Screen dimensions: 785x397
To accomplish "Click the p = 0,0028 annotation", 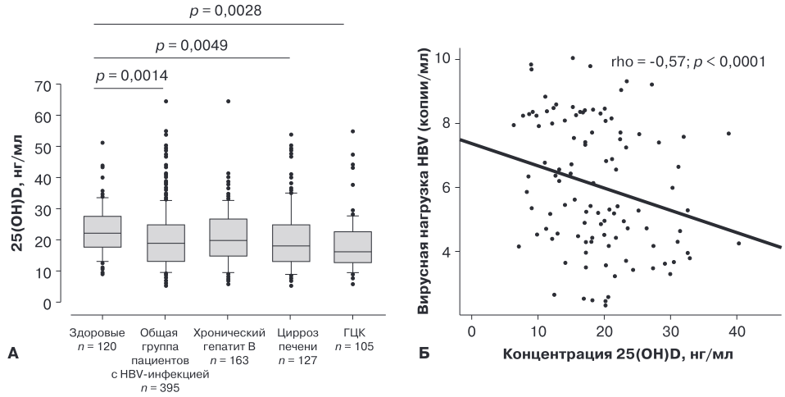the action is point(225,11).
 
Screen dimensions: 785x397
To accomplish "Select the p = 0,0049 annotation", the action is point(192,46).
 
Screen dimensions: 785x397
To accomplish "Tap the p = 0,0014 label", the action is point(132,75).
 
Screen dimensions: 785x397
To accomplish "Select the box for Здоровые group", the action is point(102,231).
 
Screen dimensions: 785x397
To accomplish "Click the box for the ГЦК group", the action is point(353,247).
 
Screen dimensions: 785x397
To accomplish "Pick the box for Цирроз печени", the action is point(291,243).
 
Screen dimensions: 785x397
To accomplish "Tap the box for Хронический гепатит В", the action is point(229,238).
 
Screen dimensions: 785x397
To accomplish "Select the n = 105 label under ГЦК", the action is point(354,346).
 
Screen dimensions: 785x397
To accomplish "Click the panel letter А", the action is point(13,354).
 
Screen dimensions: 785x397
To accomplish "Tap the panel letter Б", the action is point(424,354).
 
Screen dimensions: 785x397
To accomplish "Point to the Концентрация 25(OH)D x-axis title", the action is point(618,354).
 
